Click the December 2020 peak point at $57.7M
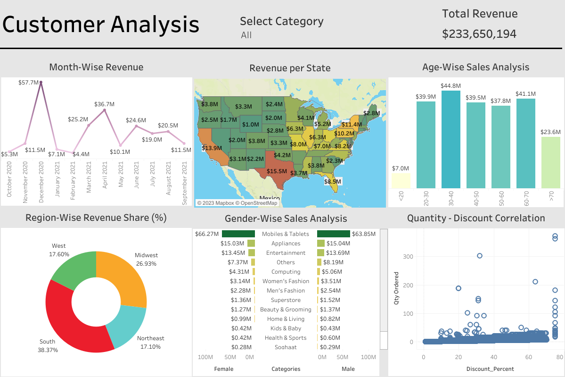pyautogui.click(x=41, y=82)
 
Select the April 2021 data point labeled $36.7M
pyautogui.click(x=105, y=110)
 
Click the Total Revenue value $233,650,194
pyautogui.click(x=479, y=34)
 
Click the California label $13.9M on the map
pyautogui.click(x=211, y=148)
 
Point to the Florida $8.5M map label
pyautogui.click(x=333, y=181)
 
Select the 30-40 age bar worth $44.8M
pyautogui.click(x=451, y=139)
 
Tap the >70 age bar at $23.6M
pyautogui.click(x=551, y=162)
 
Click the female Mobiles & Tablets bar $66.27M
pyautogui.click(x=238, y=234)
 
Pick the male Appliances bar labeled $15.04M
pyautogui.click(x=321, y=243)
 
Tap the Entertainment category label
pyautogui.click(x=286, y=253)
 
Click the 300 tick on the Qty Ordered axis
pyautogui.click(x=409, y=256)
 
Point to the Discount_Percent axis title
pyautogui.click(x=490, y=369)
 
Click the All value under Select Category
pyautogui.click(x=246, y=35)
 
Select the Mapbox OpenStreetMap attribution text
pyautogui.click(x=237, y=203)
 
